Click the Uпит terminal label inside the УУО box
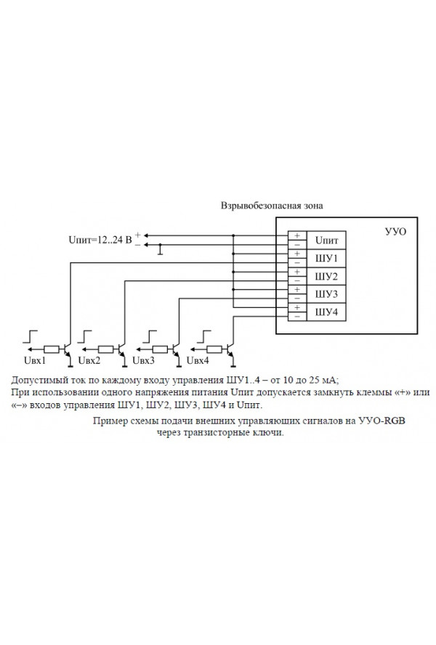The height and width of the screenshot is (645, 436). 326,240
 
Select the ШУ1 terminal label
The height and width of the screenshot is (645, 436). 326,259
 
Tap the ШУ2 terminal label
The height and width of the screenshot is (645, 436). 326,277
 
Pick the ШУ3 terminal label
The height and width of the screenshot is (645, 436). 326,294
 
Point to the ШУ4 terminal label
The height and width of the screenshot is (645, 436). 326,312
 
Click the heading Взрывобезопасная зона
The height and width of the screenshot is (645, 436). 272,206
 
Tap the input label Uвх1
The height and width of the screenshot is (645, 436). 35,361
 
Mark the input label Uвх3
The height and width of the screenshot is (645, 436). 143,361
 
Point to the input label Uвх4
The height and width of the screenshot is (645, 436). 198,361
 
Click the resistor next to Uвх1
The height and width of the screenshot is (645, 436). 51,348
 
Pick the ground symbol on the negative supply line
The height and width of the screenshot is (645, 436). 161,251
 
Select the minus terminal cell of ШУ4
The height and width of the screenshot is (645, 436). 296,317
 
